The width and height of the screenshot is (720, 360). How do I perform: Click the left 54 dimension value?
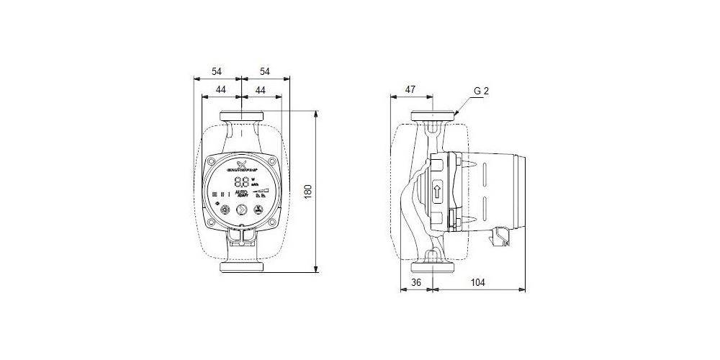click(x=217, y=71)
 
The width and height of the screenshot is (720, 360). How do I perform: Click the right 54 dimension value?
click(x=264, y=71)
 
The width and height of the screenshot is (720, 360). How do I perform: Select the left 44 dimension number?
click(x=220, y=89)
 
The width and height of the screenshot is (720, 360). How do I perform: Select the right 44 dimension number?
click(x=261, y=89)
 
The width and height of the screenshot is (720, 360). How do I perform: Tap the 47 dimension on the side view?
click(x=410, y=89)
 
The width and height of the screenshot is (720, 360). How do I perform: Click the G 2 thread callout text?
click(x=482, y=91)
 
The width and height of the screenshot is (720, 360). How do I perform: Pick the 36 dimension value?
click(x=415, y=282)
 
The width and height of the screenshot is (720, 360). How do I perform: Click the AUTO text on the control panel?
click(x=242, y=193)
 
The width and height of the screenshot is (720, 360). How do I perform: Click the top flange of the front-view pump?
click(x=241, y=117)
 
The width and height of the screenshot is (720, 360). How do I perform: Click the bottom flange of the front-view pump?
click(x=241, y=268)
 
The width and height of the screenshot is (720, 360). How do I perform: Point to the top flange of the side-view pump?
click(x=432, y=117)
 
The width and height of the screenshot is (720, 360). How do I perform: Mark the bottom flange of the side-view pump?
click(x=432, y=268)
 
